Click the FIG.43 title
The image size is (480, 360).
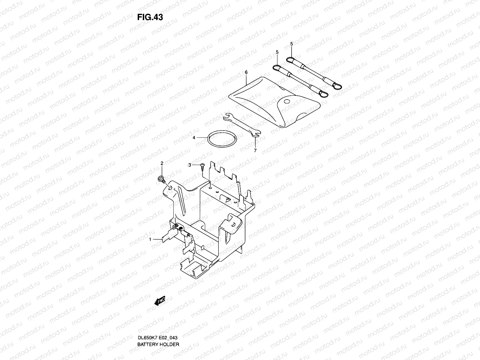pyautogui.click(x=150, y=17)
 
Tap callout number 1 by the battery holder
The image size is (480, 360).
pyautogui.click(x=150, y=239)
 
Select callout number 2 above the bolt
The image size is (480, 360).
pyautogui.click(x=162, y=163)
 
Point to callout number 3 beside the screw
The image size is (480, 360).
pyautogui.click(x=190, y=165)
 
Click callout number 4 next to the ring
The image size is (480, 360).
pyautogui.click(x=194, y=138)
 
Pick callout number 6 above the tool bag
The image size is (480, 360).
pyautogui.click(x=246, y=72)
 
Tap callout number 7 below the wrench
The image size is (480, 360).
pyautogui.click(x=255, y=151)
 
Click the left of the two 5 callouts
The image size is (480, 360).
pyautogui.click(x=277, y=52)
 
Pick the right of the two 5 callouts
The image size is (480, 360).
pyautogui.click(x=292, y=44)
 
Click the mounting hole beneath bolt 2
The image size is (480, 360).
pyautogui.click(x=170, y=188)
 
